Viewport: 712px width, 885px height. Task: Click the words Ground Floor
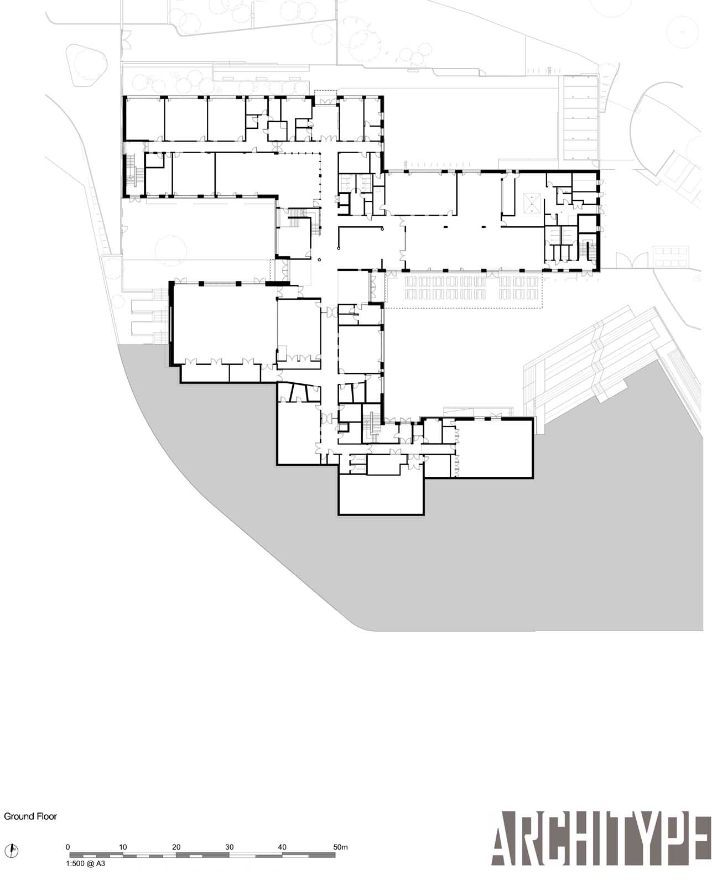tap(30, 816)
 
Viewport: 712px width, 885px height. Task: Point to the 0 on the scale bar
tap(68, 847)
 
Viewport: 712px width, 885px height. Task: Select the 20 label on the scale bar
tap(176, 847)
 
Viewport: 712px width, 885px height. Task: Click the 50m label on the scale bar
tap(340, 847)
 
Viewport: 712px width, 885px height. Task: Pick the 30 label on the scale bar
tap(229, 847)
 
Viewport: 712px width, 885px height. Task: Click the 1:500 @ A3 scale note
tap(86, 863)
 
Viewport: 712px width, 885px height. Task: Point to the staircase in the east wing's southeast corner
tap(589, 248)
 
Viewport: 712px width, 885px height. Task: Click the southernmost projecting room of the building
tap(381, 494)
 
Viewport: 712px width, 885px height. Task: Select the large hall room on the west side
tap(224, 323)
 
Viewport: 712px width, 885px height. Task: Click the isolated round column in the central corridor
tap(319, 260)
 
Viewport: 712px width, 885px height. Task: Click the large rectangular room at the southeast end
tap(494, 448)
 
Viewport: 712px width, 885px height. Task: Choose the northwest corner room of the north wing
tap(144, 119)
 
